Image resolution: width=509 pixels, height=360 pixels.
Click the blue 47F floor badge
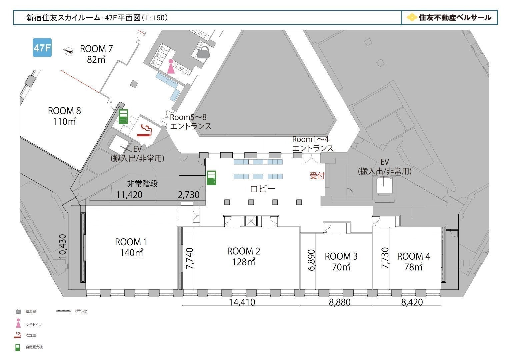(x=42, y=47)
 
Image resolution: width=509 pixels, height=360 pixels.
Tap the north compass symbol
(x=68, y=51)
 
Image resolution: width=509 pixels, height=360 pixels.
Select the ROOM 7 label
(x=96, y=49)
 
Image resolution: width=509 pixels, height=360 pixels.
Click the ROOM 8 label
(x=64, y=111)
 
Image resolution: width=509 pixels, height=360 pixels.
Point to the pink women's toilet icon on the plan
(x=171, y=66)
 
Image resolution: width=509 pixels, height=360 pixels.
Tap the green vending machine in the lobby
(x=211, y=178)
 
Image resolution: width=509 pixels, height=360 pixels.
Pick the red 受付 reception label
(x=317, y=176)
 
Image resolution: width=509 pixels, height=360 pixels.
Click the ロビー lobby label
(x=263, y=189)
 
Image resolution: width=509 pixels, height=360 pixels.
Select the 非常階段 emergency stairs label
(x=142, y=184)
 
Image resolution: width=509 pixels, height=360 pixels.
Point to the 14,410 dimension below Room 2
(x=242, y=302)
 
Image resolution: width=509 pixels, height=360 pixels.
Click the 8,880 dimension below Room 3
(x=340, y=302)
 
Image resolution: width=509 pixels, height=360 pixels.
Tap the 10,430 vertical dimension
(x=63, y=246)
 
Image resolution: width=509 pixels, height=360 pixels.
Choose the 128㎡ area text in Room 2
(x=243, y=262)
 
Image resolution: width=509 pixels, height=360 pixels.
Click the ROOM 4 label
(x=414, y=256)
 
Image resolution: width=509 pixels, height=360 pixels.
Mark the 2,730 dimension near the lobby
(x=189, y=195)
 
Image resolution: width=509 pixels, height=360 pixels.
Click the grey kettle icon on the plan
(x=203, y=53)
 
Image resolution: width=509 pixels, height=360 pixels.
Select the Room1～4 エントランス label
(x=313, y=144)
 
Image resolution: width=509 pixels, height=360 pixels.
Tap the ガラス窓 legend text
(x=81, y=311)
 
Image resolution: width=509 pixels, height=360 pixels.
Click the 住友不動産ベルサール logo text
(x=455, y=17)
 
